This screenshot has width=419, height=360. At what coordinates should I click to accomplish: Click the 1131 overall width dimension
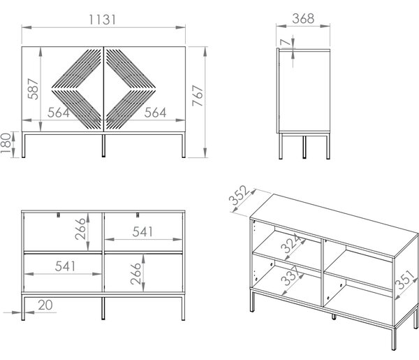tap(103, 20)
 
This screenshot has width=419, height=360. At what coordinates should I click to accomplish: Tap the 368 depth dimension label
tap(303, 18)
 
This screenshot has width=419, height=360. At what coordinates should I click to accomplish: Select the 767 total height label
tap(198, 96)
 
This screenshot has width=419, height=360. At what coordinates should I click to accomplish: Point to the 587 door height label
tap(33, 89)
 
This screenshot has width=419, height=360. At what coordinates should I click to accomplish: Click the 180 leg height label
tap(6, 143)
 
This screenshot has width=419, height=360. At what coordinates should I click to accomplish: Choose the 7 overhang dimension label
tap(285, 42)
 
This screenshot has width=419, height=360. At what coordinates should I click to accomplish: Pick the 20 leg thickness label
tap(45, 305)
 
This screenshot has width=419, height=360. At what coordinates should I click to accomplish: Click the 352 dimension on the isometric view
tap(239, 195)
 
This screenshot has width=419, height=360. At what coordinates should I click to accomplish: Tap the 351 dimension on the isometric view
tap(406, 280)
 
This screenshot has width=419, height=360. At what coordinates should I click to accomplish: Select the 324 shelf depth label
tap(291, 244)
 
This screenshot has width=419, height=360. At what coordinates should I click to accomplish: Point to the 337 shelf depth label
tap(291, 275)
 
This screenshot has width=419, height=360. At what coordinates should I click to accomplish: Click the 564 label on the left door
tap(59, 113)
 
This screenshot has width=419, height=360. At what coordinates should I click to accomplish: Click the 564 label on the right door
tap(155, 113)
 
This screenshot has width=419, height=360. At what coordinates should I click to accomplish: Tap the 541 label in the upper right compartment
tap(142, 232)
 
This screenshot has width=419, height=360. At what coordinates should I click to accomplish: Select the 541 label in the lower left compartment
tap(65, 266)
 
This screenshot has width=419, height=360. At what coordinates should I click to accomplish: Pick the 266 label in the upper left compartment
tap(80, 229)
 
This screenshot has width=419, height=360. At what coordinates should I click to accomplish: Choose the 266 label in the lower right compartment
tap(135, 273)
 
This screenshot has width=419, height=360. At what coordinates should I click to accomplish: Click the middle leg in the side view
tap(304, 147)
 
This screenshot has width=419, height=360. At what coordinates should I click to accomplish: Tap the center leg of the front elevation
tap(103, 146)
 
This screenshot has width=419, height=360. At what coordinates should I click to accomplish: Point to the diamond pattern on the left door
tap(76, 89)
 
